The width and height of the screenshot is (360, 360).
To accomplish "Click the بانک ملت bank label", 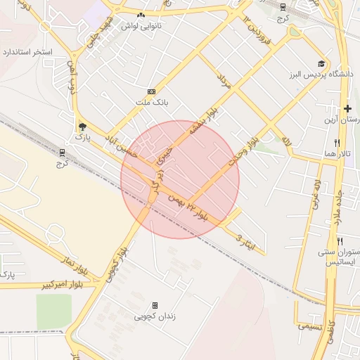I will [153, 103].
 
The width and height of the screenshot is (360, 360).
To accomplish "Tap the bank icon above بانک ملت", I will [151, 92].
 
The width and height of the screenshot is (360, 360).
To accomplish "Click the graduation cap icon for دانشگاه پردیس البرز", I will [322, 63].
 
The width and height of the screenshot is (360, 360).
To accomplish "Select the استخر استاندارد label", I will [29, 53].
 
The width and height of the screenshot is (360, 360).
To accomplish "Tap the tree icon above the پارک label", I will [84, 127].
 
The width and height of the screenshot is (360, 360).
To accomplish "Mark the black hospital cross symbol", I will [347, 108].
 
